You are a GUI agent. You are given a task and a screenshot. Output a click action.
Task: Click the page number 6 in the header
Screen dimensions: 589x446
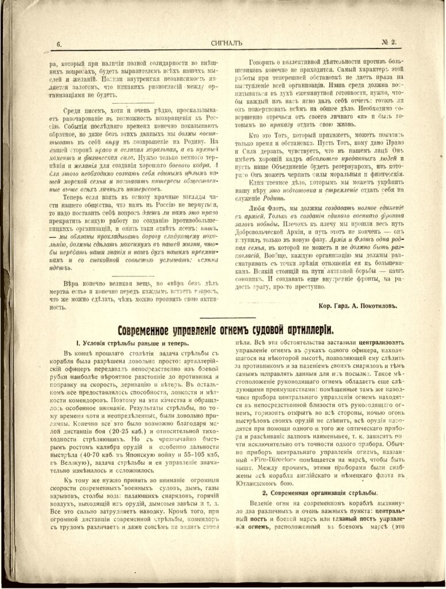[59, 44]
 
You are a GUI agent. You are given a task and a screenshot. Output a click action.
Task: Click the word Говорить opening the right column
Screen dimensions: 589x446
[265, 62]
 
